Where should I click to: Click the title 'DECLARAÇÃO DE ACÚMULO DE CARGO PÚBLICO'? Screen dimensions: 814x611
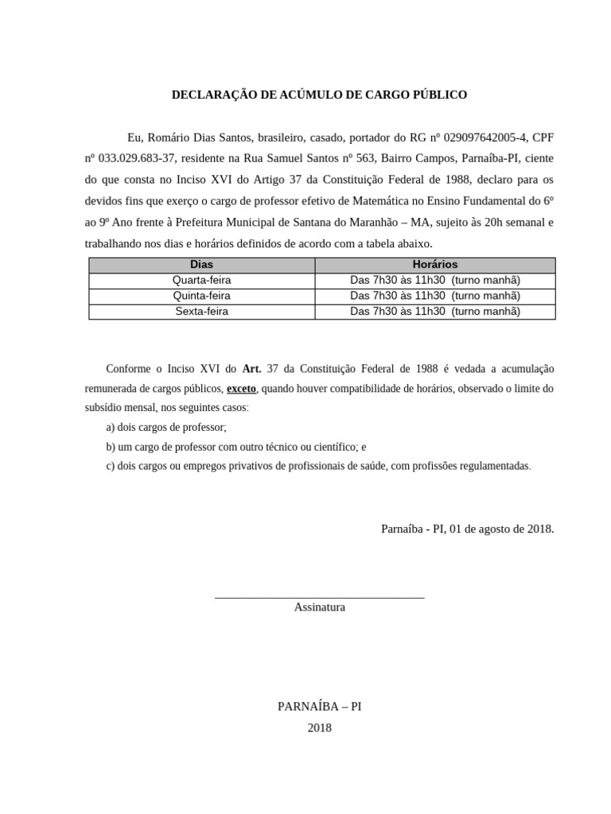click(319, 95)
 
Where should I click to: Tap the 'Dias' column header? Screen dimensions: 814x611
click(201, 265)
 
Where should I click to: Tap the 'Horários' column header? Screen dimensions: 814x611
click(434, 265)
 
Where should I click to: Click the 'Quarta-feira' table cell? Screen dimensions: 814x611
click(201, 280)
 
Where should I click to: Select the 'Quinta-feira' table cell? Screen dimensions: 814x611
click(201, 296)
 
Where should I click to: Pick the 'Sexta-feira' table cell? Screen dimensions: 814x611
click(201, 312)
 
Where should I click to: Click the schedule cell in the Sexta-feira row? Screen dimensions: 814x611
click(434, 312)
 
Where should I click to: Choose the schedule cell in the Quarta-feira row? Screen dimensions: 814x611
click(434, 280)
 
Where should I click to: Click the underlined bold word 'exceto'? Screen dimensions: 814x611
click(241, 389)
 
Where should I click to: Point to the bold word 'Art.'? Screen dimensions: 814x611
click(252, 369)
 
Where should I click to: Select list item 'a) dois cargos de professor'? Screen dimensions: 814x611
click(166, 427)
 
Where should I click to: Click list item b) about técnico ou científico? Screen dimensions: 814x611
click(236, 447)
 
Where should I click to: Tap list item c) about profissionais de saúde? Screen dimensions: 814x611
click(318, 466)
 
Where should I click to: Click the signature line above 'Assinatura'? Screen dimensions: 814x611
click(319, 597)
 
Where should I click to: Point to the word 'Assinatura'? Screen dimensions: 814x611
click(319, 607)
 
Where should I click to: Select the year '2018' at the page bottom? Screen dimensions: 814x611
click(319, 727)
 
